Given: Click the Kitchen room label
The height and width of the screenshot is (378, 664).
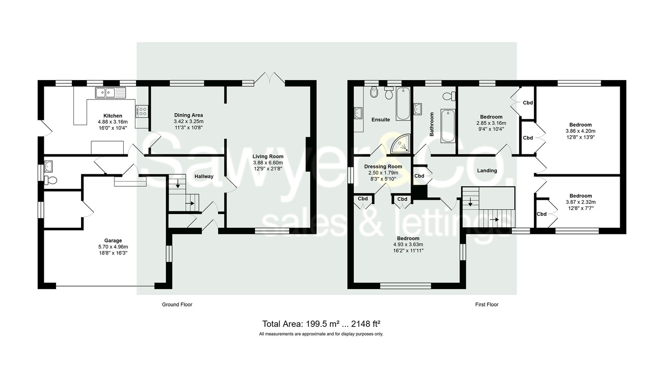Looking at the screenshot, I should click(x=113, y=116).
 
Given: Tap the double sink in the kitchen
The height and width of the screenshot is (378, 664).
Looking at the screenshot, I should click(x=111, y=93).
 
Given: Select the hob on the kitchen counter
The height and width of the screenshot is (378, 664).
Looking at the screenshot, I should click(x=142, y=111).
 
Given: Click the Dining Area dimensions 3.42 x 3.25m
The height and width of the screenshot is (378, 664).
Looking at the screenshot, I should click(x=189, y=122).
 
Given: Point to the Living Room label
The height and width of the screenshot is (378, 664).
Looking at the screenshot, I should click(x=268, y=156).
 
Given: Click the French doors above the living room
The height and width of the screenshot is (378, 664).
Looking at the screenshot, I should click(x=270, y=78).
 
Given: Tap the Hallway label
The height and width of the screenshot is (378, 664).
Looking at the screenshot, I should click(x=204, y=176).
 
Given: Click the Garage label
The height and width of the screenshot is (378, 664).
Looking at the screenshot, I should click(x=113, y=240).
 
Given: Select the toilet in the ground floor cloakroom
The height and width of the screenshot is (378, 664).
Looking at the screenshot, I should click(x=51, y=180).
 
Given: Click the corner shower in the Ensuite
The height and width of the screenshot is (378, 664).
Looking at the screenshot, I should click(x=401, y=144).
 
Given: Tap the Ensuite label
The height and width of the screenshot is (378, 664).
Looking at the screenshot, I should click(x=380, y=120).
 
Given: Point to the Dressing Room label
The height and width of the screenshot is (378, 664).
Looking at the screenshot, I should click(x=383, y=167).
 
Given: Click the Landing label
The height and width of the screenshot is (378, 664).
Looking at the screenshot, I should click(x=487, y=171).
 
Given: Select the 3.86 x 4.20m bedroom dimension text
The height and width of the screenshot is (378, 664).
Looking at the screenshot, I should click(x=580, y=131).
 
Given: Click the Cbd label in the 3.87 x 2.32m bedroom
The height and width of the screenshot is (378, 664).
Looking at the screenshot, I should click(x=541, y=214).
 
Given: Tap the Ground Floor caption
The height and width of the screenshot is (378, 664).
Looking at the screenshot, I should click(x=177, y=305).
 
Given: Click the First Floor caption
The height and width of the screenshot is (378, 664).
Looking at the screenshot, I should click(x=486, y=305).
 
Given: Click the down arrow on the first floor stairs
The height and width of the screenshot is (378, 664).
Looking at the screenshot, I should click(x=470, y=201).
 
